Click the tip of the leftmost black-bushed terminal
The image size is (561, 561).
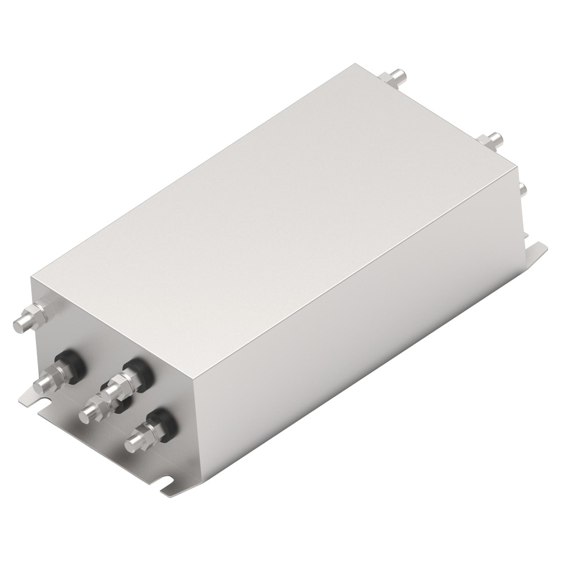[42, 384]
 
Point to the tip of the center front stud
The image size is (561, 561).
[86, 414]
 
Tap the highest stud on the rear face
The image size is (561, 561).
[399, 74]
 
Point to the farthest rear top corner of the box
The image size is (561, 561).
[349, 63]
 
